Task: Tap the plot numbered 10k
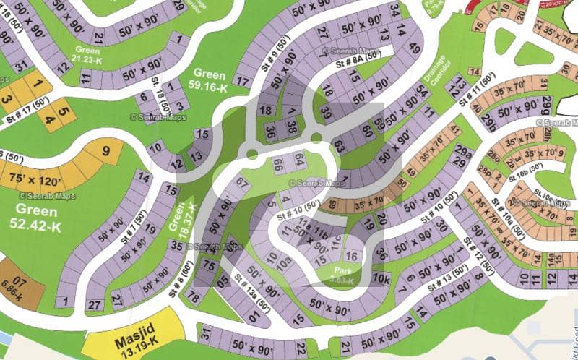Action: click(x=381, y=279)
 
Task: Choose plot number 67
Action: click(x=241, y=182)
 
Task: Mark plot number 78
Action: click(x=193, y=296)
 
